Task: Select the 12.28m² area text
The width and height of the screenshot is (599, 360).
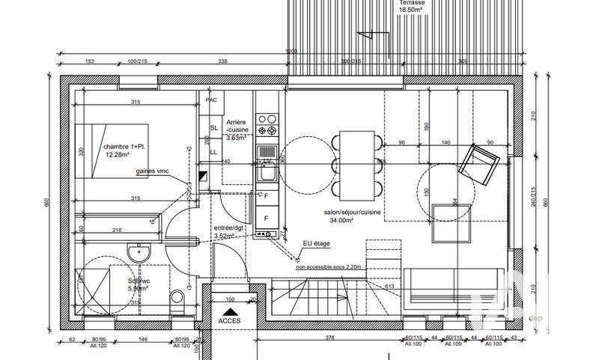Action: (x=118, y=155)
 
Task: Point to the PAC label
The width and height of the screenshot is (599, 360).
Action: (x=212, y=100)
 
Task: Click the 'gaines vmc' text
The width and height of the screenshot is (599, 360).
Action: (x=153, y=171)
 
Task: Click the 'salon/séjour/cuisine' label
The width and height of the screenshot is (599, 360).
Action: (x=353, y=213)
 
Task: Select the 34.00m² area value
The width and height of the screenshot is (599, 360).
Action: (x=352, y=222)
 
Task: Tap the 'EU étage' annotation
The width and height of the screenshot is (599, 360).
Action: (x=316, y=243)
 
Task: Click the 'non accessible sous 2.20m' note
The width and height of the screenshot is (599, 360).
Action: (x=329, y=266)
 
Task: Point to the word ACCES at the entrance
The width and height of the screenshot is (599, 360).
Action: (x=231, y=321)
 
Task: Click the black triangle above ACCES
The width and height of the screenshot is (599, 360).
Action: (x=231, y=311)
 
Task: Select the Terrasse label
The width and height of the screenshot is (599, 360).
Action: (x=410, y=3)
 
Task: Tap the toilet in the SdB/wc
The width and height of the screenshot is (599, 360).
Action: (x=177, y=301)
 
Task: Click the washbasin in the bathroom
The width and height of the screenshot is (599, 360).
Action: (x=136, y=254)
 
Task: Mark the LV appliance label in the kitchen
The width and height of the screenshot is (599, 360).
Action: (x=266, y=161)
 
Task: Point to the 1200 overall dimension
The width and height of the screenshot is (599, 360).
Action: (x=291, y=51)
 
